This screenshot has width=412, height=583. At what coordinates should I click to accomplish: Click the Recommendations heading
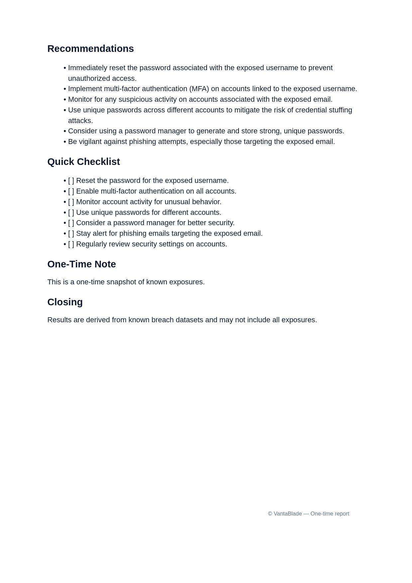point(90,49)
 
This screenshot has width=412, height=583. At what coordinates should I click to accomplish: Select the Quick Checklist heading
point(83,162)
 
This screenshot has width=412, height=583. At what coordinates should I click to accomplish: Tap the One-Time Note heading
point(81,264)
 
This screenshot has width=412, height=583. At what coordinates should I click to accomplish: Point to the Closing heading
point(65,302)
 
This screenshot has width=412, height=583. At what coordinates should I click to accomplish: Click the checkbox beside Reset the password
point(71,181)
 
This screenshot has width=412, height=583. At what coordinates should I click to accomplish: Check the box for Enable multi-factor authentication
point(71,191)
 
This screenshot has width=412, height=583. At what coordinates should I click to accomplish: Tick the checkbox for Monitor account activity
point(71,202)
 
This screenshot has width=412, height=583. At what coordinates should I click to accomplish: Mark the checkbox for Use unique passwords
point(71,213)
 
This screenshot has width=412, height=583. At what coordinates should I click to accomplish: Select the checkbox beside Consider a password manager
point(71,223)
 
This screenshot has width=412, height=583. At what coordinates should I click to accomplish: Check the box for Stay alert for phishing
point(71,233)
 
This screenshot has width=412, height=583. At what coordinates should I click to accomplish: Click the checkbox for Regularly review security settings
point(71,244)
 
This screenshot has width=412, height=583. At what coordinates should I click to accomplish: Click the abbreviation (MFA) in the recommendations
point(199,89)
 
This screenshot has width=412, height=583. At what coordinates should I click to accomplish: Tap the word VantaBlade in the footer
point(288,513)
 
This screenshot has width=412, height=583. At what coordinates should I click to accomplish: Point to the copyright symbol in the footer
point(270,513)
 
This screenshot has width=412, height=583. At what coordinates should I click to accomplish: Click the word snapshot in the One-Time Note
point(121,282)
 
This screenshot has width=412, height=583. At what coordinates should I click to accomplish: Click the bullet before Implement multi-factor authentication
point(65,89)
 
